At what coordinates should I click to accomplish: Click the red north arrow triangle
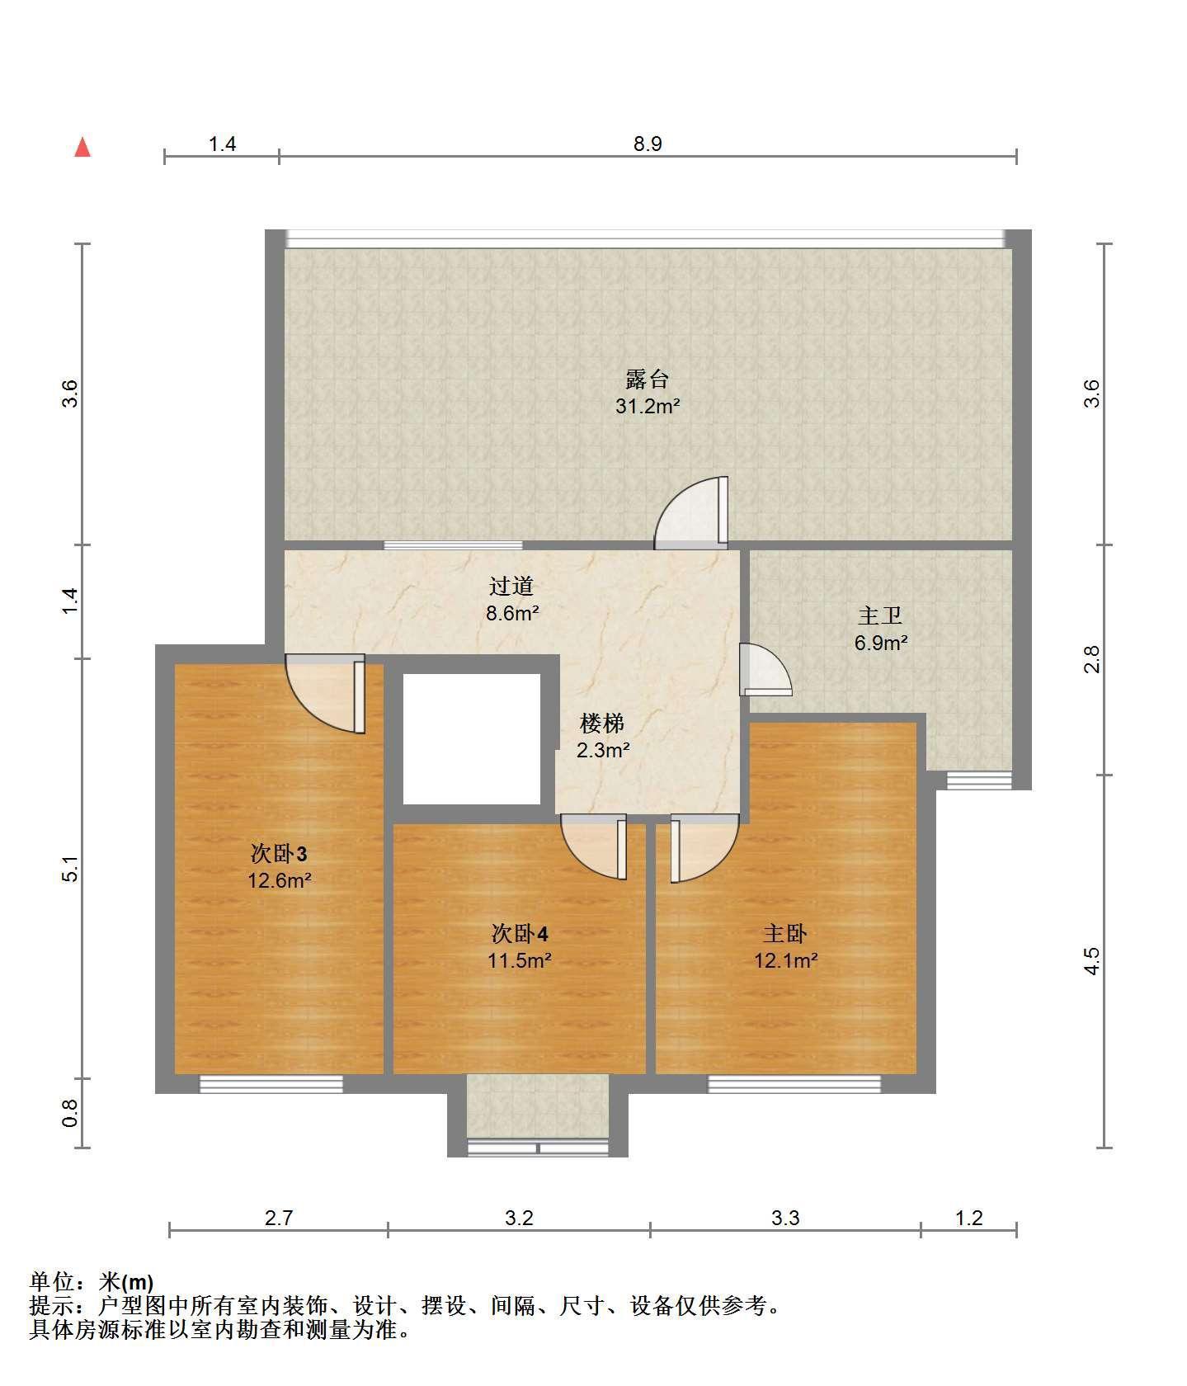pos(82,147)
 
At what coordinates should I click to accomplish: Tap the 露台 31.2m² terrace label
pos(648,393)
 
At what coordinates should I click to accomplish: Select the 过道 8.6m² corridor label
pos(512,600)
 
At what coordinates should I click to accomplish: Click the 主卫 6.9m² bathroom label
pos(881,629)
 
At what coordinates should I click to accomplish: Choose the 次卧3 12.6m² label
pos(280,866)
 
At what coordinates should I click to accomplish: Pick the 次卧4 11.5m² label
pos(520,947)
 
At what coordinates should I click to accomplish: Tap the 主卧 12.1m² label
pos(785,947)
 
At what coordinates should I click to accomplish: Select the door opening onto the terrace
pos(692,513)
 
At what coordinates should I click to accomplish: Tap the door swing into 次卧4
pos(594,846)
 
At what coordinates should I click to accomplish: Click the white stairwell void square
pos(472,739)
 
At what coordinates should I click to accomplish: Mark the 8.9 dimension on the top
pos(648,144)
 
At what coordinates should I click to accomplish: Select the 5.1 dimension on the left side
pos(71,870)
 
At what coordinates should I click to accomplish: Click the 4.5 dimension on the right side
pos(1091,961)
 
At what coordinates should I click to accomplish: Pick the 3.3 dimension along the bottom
pos(785,1218)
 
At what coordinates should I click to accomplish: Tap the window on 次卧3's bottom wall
pos(271,1084)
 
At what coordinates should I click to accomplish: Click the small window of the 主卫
pos(979,780)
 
